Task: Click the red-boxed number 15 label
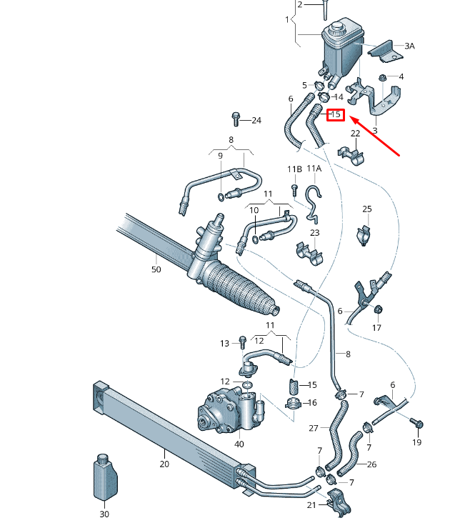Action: pyautogui.click(x=336, y=114)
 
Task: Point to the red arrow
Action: pyautogui.click(x=375, y=136)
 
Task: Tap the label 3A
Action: pyautogui.click(x=409, y=46)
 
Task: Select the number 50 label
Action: pyautogui.click(x=156, y=269)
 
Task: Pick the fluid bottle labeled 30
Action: pyautogui.click(x=104, y=477)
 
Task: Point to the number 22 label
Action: pyautogui.click(x=355, y=134)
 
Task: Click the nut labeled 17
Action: pyautogui.click(x=379, y=309)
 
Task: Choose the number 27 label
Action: pyautogui.click(x=313, y=429)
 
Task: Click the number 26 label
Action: pyautogui.click(x=391, y=464)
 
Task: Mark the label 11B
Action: pyautogui.click(x=295, y=169)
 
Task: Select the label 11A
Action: pyautogui.click(x=314, y=169)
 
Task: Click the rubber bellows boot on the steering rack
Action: pyautogui.click(x=243, y=289)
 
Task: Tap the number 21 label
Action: pyautogui.click(x=312, y=506)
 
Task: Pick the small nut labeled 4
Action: pyautogui.click(x=384, y=78)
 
